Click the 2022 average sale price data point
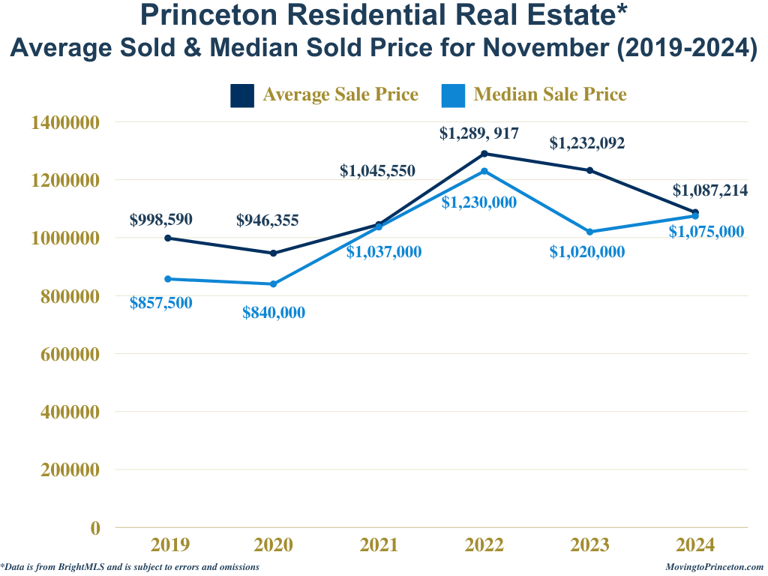click(484, 154)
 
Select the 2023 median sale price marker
click(589, 232)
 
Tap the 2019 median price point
click(167, 279)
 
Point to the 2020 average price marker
click(273, 253)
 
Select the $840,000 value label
click(274, 313)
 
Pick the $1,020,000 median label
click(586, 253)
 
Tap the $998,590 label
click(160, 220)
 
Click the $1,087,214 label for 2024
click(709, 190)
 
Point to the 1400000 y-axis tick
click(66, 122)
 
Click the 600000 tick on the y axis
click(66, 354)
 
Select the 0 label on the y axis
click(95, 528)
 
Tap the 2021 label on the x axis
click(379, 545)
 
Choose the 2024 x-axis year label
click(695, 545)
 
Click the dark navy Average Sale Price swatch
click(242, 95)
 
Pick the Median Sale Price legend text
click(550, 95)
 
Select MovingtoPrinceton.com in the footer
click(714, 568)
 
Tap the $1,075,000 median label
click(706, 232)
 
